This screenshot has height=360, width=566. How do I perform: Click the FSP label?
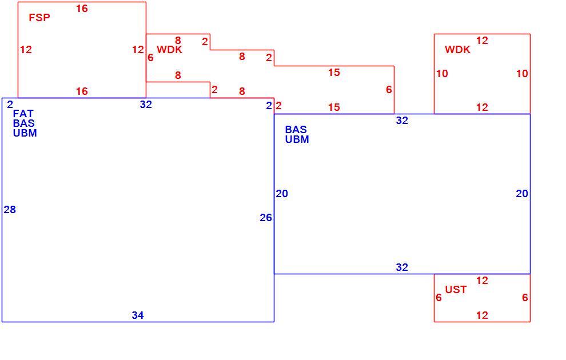(x=39, y=17)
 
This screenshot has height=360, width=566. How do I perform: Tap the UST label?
(x=456, y=289)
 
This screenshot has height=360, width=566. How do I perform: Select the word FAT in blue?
(x=23, y=114)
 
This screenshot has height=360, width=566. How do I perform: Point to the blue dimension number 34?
(x=138, y=315)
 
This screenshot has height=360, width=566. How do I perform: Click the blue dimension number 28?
(x=10, y=210)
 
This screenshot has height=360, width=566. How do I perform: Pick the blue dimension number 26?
(x=266, y=218)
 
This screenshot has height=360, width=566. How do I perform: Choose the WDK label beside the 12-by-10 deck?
(x=457, y=49)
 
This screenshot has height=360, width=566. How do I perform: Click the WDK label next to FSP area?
(x=169, y=49)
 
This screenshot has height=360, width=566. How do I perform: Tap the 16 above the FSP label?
(x=82, y=9)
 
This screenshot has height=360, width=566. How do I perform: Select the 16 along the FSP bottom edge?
(x=82, y=91)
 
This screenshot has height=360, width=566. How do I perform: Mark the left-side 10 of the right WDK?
(x=442, y=74)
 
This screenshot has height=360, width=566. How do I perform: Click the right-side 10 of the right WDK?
(x=522, y=74)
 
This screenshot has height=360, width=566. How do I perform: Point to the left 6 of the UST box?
(x=439, y=298)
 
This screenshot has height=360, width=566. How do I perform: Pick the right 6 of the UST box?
(x=525, y=298)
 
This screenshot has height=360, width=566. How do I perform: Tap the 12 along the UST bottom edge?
(x=482, y=315)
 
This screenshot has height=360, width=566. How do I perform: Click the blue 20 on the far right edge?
(x=522, y=194)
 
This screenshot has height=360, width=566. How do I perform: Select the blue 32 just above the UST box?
(x=402, y=267)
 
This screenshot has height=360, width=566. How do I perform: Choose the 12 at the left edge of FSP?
(x=26, y=49)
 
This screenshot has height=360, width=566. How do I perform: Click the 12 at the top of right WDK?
(x=482, y=41)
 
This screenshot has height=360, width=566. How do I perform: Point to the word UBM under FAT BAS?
(x=25, y=133)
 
